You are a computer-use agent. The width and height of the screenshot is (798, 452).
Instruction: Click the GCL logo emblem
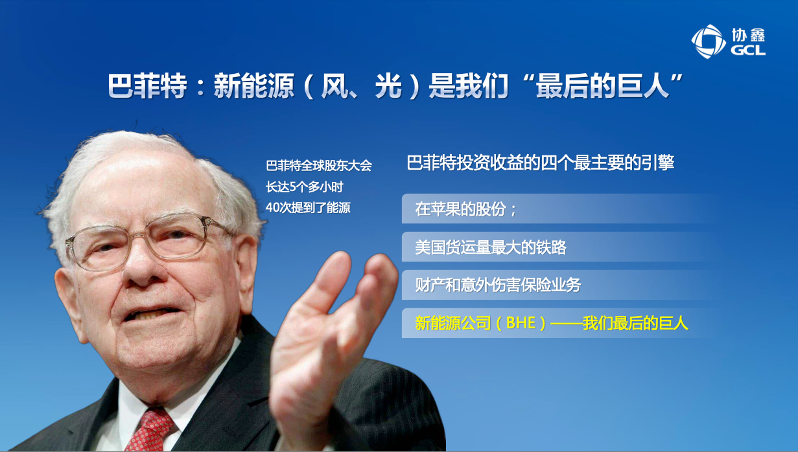click(x=709, y=41)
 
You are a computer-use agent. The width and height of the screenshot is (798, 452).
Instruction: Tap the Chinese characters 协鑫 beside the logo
click(x=749, y=35)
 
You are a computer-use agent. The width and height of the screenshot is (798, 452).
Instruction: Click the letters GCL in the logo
click(x=748, y=50)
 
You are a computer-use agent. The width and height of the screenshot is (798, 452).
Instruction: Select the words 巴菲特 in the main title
click(x=147, y=85)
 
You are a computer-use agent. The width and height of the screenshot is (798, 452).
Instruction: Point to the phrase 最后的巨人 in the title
click(x=603, y=85)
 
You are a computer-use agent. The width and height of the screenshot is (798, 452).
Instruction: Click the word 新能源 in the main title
click(x=254, y=85)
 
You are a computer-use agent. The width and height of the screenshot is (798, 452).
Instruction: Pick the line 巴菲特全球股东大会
click(x=319, y=166)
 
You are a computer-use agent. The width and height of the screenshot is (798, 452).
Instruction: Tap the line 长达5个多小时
click(x=305, y=187)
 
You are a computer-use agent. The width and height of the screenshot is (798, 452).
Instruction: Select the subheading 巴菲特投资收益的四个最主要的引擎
click(x=541, y=163)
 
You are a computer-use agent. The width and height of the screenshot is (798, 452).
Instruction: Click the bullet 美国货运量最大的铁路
click(x=491, y=247)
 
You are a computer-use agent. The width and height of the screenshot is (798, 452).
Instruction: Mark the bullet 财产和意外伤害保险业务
click(x=498, y=285)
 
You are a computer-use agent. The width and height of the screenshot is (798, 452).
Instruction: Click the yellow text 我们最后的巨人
click(x=635, y=323)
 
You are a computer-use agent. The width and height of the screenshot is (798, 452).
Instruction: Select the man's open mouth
click(x=152, y=314)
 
